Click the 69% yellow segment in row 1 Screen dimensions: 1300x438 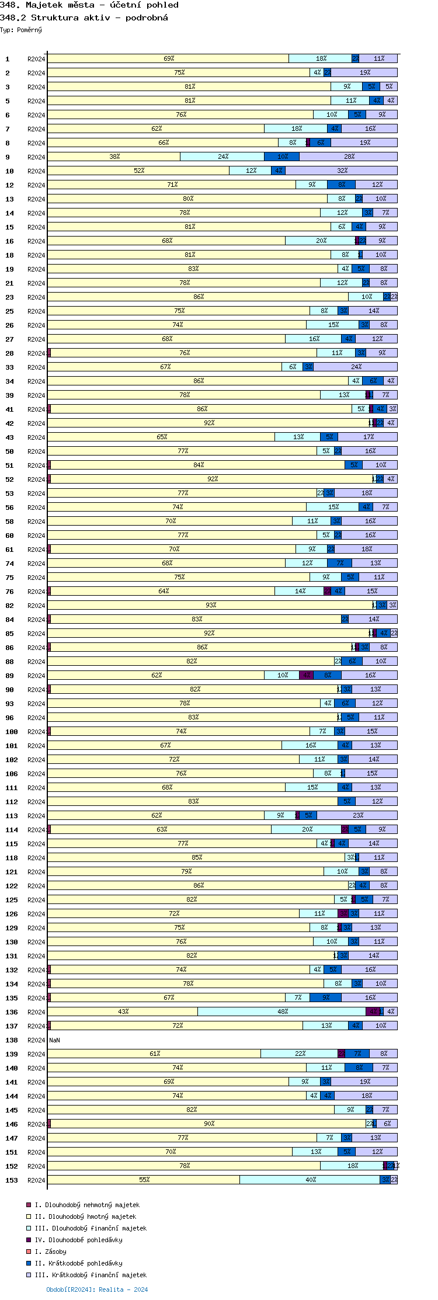tap(168, 58)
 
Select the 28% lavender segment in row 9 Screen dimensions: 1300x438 tap(349, 157)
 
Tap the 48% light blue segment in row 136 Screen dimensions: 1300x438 tap(282, 1012)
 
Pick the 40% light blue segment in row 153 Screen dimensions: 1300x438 tap(310, 1180)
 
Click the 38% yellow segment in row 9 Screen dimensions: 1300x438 tap(114, 157)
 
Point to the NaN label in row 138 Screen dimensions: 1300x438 tap(54, 1040)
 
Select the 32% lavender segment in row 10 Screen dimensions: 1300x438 tap(342, 171)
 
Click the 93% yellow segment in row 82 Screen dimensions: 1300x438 tap(210, 605)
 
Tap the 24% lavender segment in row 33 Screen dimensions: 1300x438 tap(356, 367)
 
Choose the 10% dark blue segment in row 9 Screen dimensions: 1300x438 tap(282, 157)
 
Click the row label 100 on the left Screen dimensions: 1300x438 tap(12, 732)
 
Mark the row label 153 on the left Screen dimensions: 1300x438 tap(12, 1180)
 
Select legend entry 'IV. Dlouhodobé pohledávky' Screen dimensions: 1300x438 tap(78, 1240)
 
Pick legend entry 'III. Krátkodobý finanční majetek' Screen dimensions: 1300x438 tap(90, 1275)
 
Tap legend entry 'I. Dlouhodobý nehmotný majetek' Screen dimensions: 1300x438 tap(86, 1205)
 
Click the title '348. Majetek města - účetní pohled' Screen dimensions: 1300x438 tap(89, 5)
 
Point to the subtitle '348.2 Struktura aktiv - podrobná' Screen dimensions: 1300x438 tap(84, 18)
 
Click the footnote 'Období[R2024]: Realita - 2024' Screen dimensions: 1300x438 tap(97, 1289)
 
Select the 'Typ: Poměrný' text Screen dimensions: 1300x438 tap(21, 30)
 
